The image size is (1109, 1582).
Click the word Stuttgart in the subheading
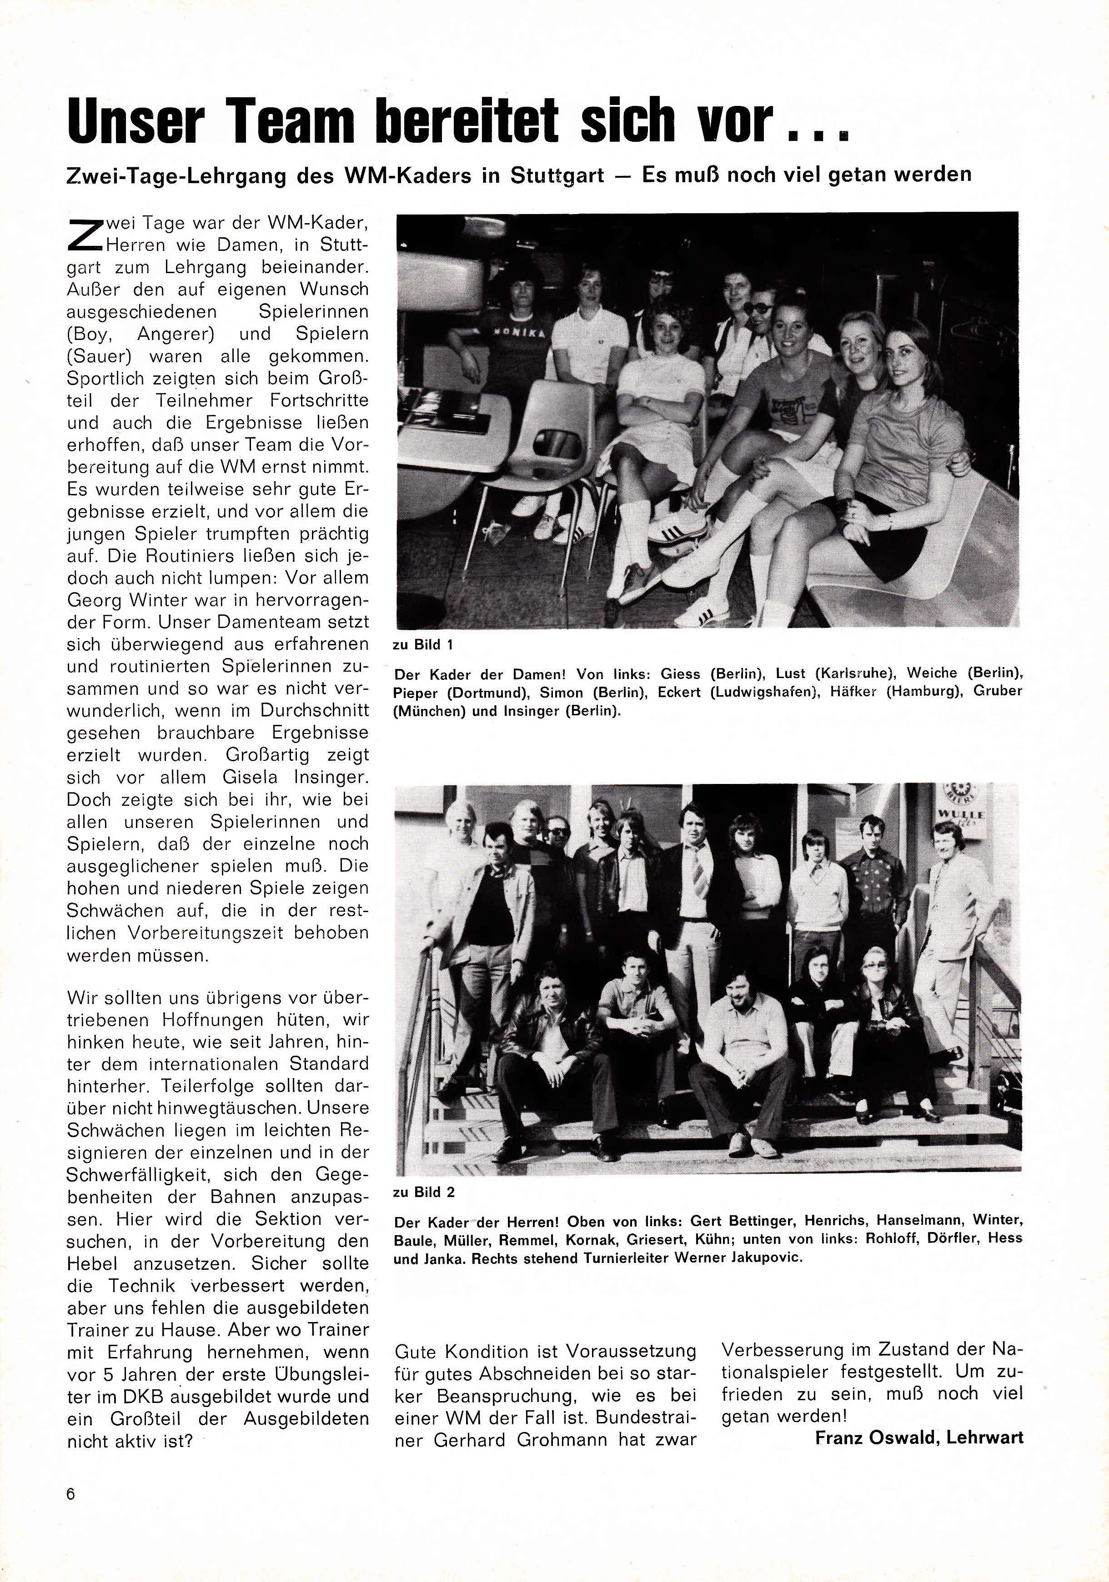point(557,175)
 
